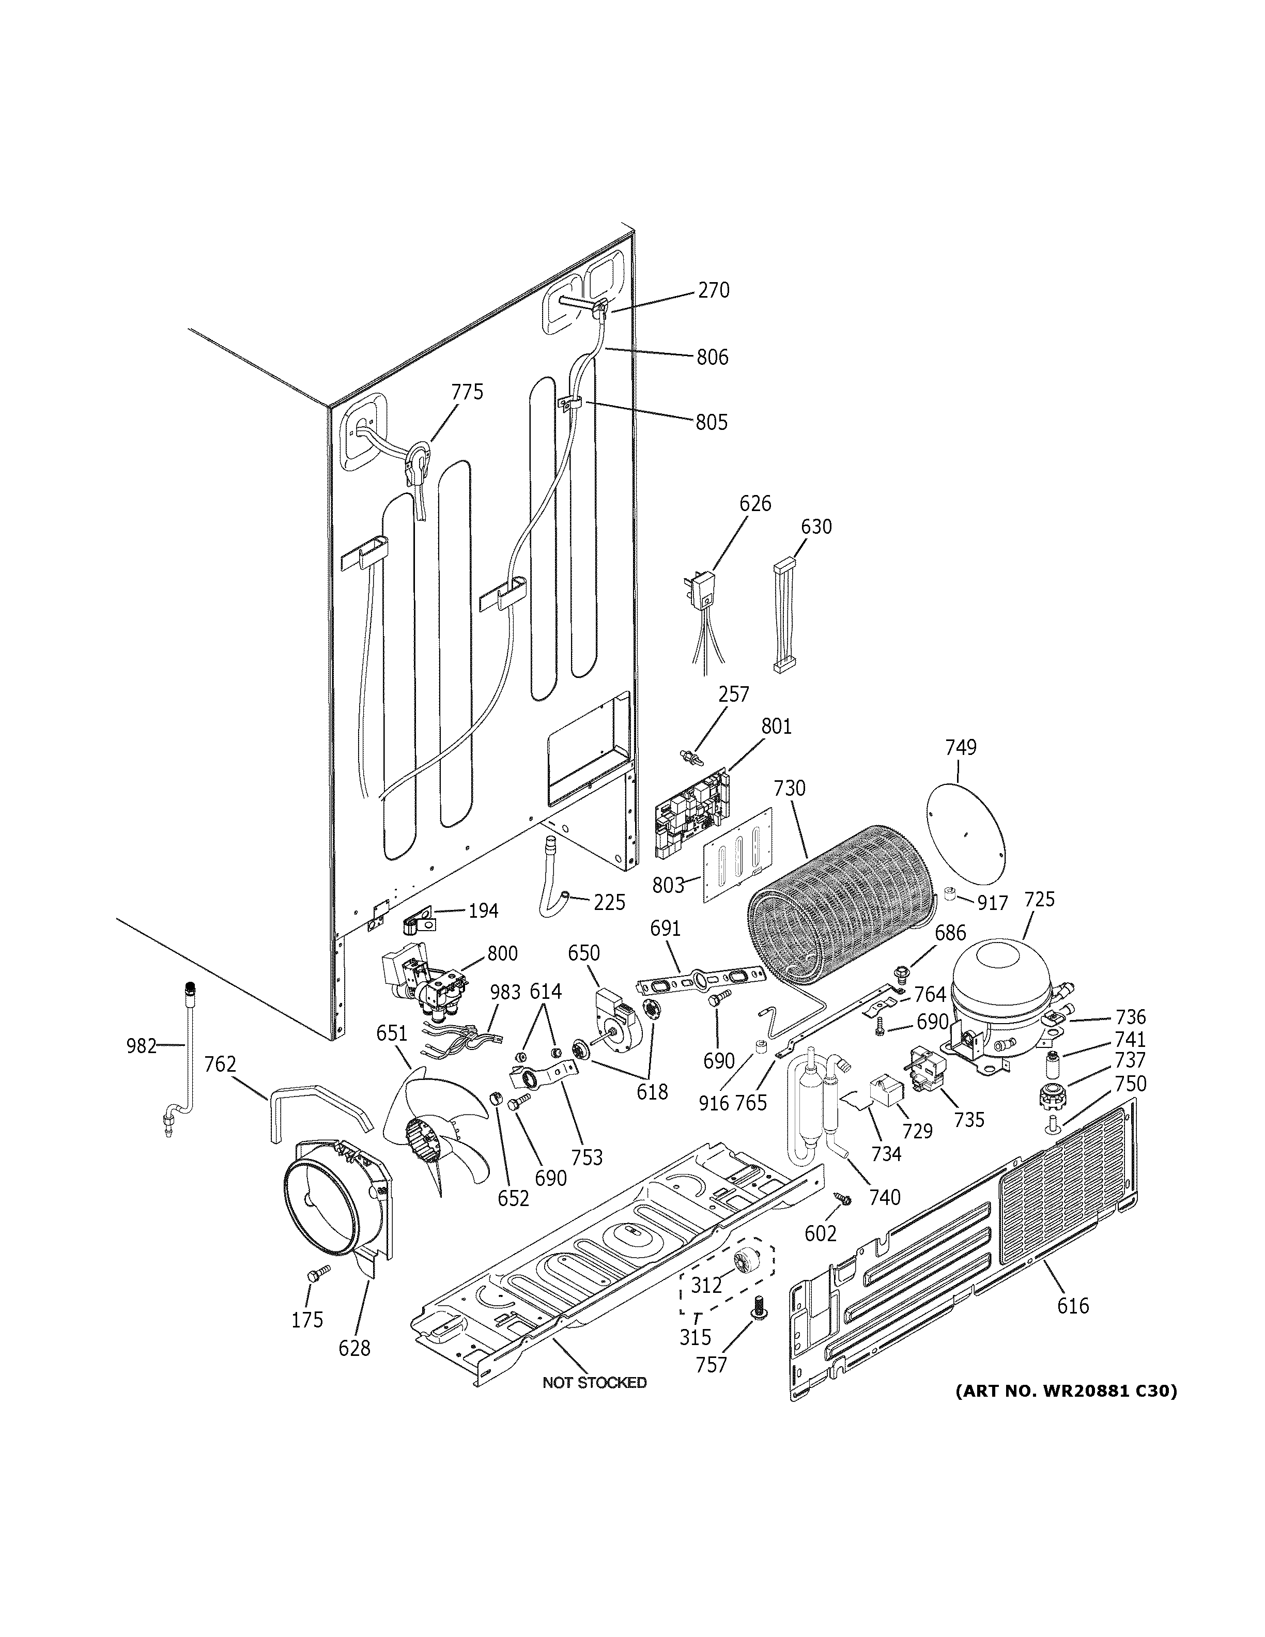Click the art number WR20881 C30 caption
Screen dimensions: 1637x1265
[1066, 1391]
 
